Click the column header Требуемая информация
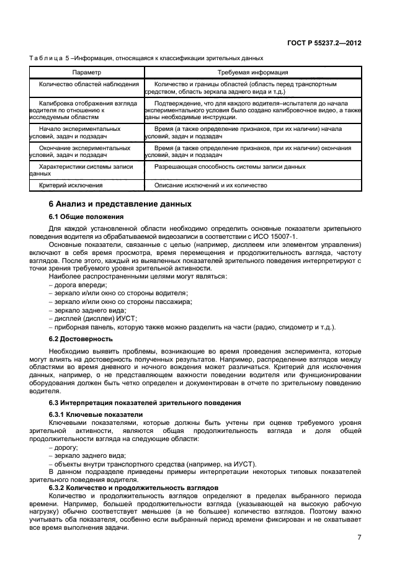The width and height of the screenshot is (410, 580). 252,73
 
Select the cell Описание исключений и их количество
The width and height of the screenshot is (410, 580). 210,185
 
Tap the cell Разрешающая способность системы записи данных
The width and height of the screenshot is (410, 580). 230,167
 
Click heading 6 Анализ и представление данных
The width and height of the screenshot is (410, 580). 120,204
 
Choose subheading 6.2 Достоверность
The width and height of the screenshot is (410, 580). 80,339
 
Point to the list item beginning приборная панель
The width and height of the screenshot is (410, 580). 192,327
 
